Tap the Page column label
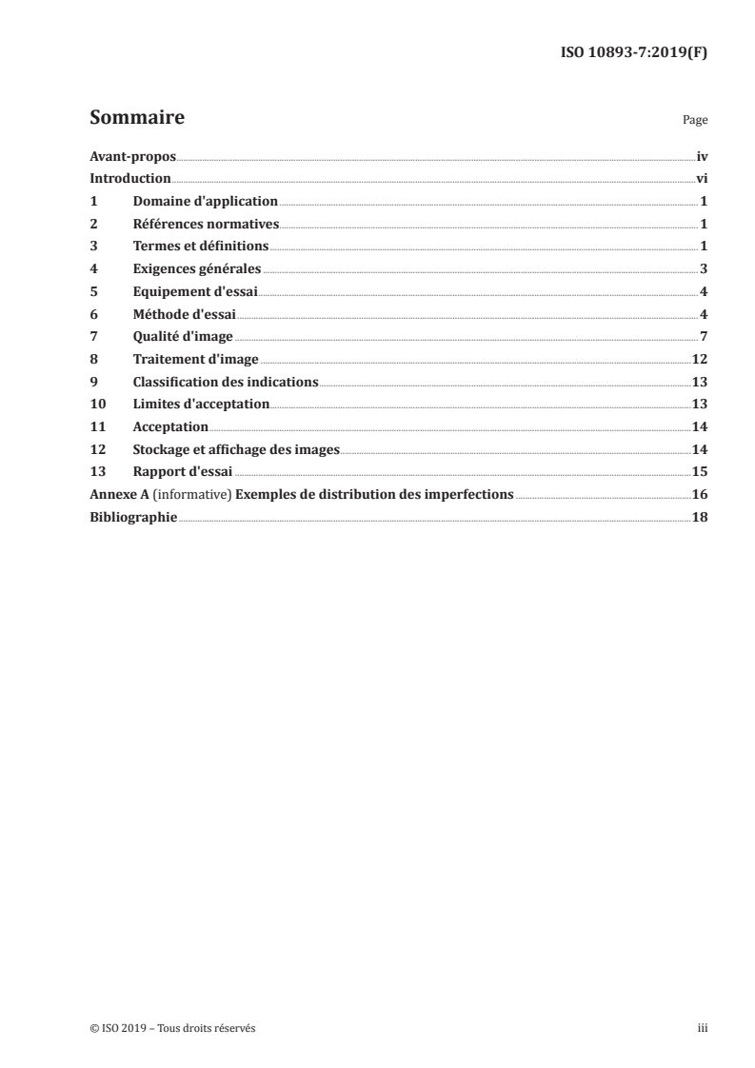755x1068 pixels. tap(695, 122)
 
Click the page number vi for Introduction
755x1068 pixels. tap(701, 179)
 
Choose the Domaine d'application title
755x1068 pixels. tap(205, 202)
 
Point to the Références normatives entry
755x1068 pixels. tap(206, 225)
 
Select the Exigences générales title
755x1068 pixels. tap(197, 269)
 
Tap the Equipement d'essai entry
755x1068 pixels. tap(195, 292)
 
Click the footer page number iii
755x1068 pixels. tap(703, 1029)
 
